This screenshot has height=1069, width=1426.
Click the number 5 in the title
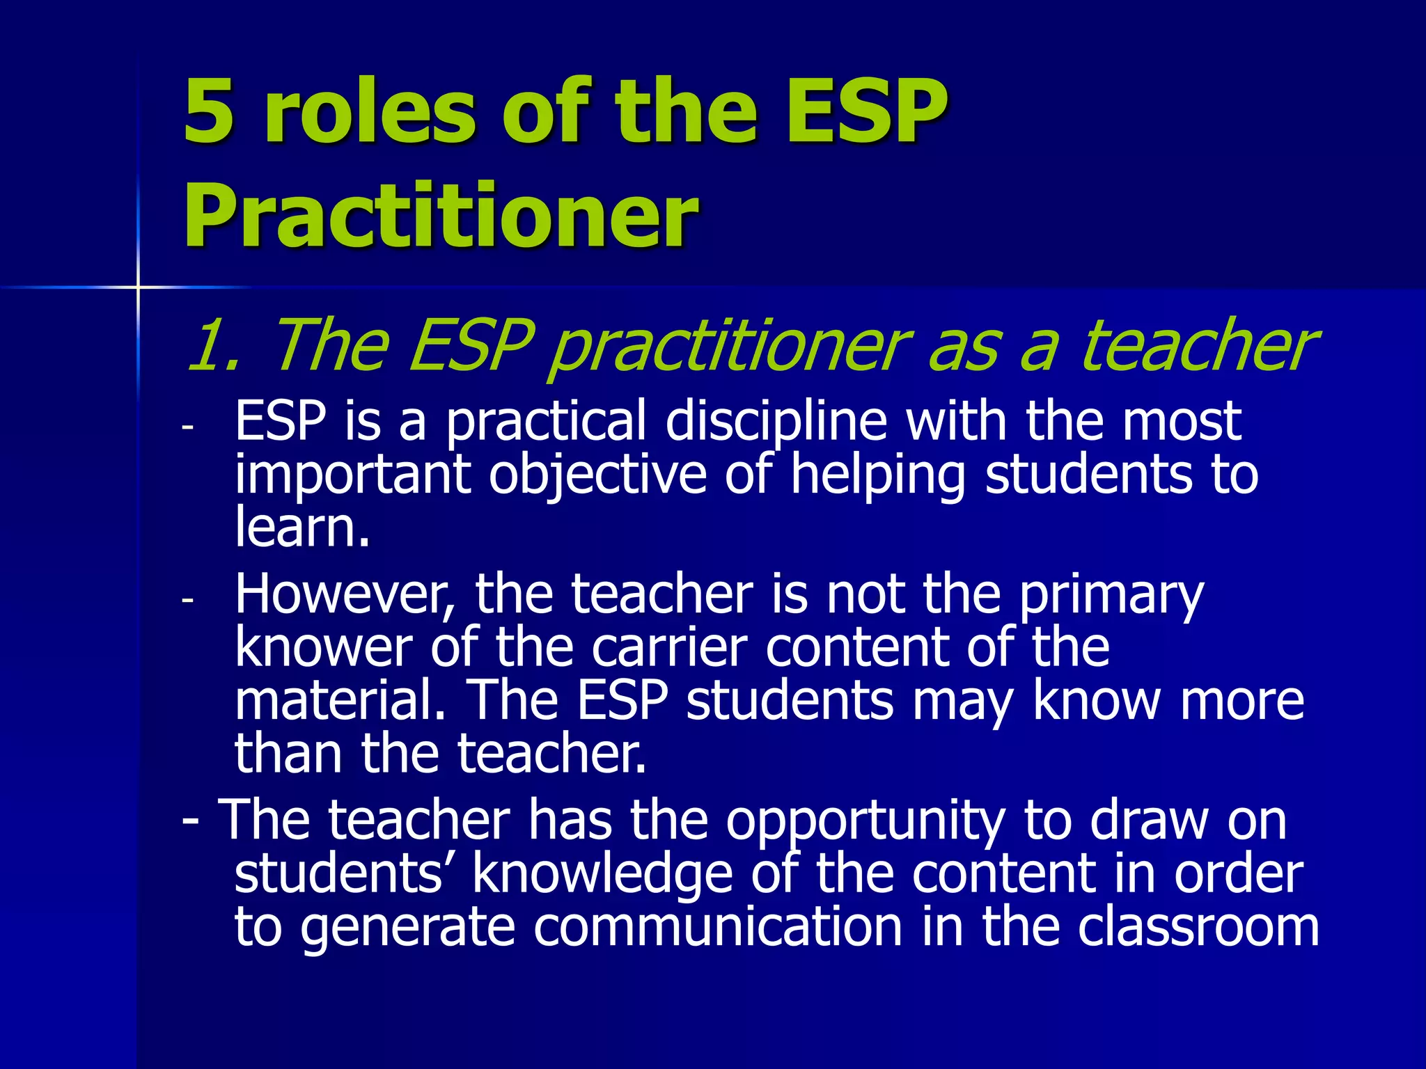click(x=208, y=111)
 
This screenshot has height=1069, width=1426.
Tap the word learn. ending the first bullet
click(x=302, y=527)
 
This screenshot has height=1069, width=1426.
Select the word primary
click(x=1111, y=595)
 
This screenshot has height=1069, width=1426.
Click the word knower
click(x=324, y=648)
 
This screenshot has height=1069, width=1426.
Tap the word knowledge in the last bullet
click(x=602, y=874)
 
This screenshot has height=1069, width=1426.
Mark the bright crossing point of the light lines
click(x=138, y=287)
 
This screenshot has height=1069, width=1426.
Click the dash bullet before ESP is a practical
click(x=186, y=427)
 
